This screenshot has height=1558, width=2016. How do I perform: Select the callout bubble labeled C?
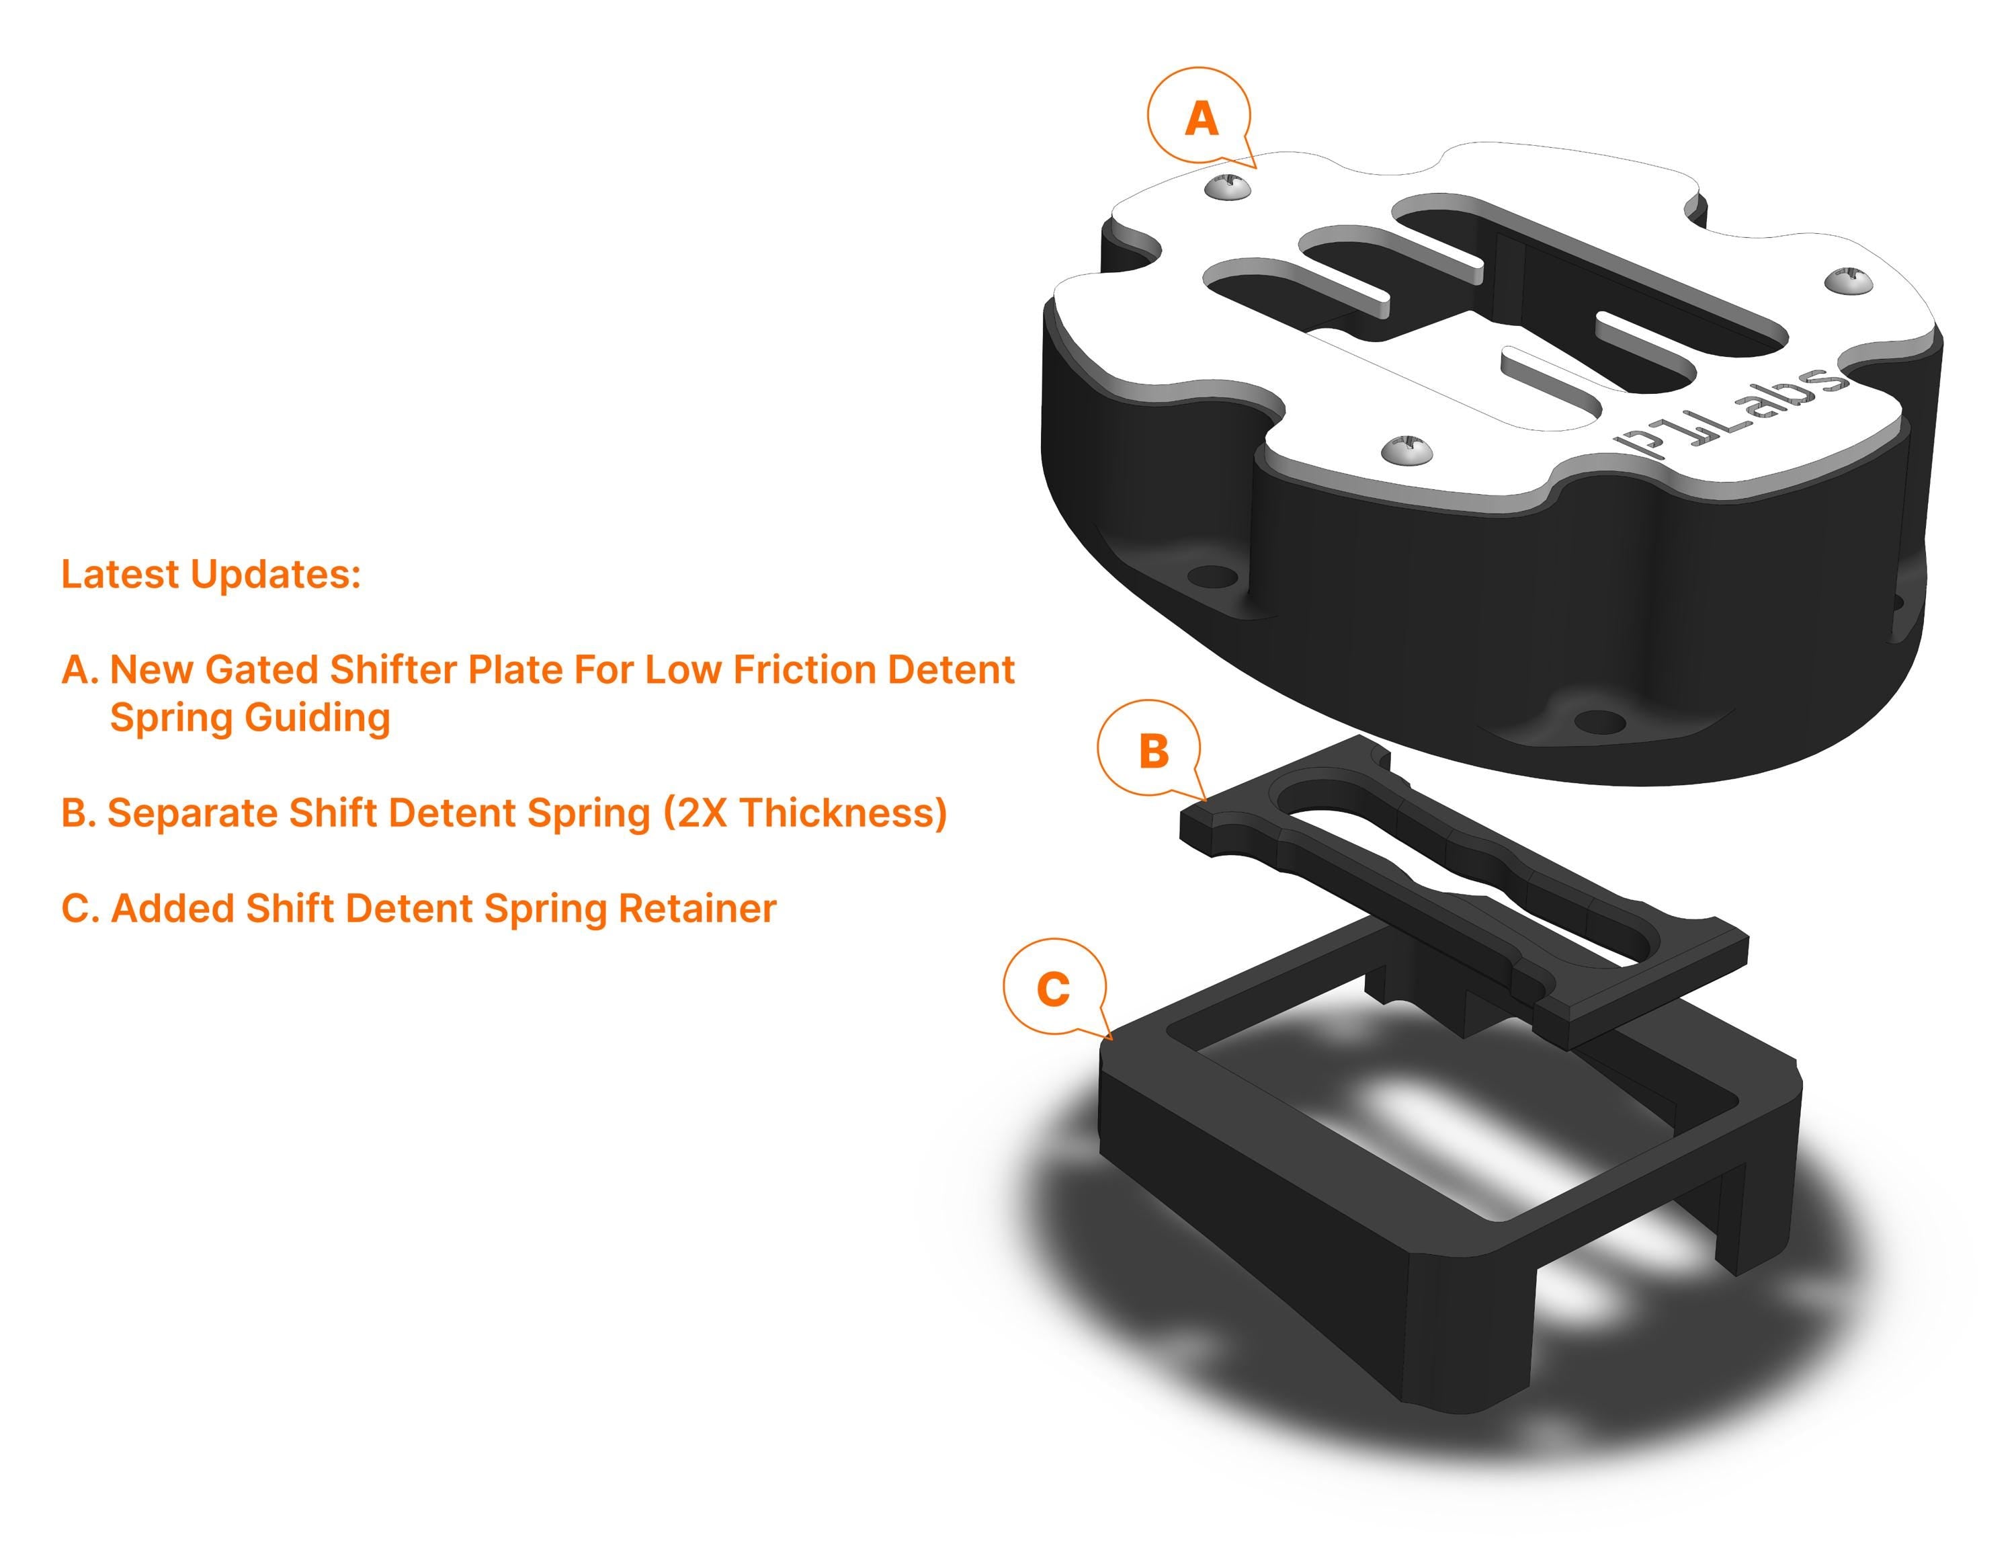(1053, 989)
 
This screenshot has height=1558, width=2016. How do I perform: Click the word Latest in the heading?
(121, 574)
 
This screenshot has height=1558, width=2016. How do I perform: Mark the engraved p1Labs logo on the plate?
(1732, 411)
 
